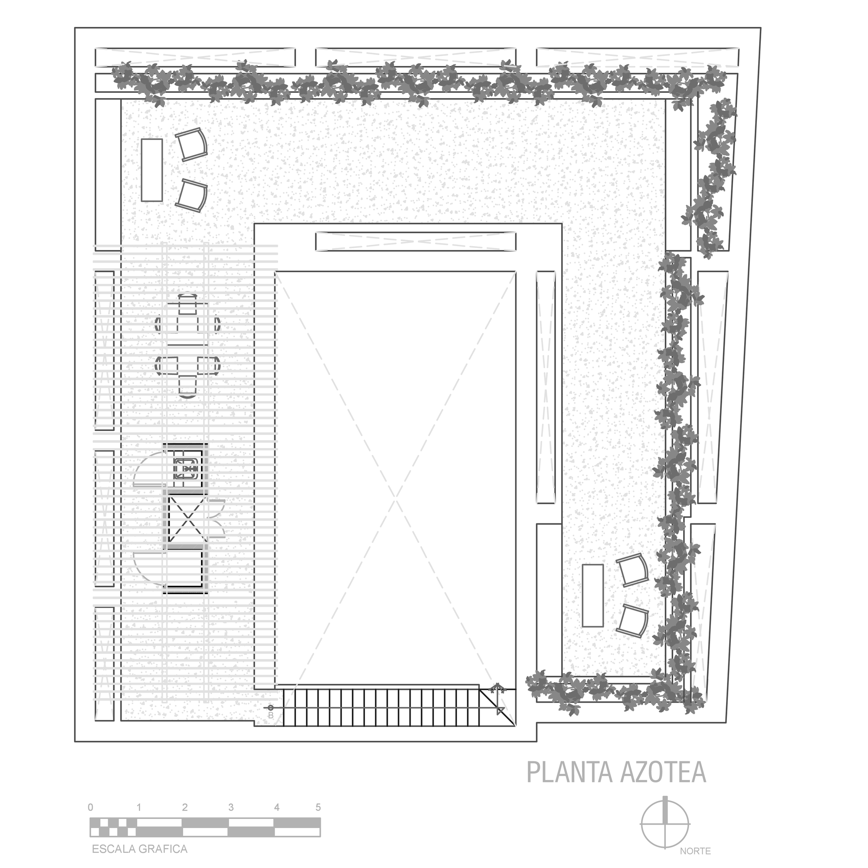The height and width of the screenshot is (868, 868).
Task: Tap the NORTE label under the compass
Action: click(x=695, y=852)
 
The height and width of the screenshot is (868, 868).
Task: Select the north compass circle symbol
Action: click(x=665, y=824)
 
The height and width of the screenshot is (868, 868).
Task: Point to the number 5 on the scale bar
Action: click(x=318, y=807)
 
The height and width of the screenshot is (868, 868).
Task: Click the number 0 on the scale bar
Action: click(x=91, y=807)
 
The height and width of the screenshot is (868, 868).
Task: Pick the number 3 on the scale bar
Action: click(x=231, y=807)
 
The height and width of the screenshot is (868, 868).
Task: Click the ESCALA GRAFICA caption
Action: click(x=139, y=848)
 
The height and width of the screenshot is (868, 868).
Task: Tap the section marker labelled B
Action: click(x=270, y=711)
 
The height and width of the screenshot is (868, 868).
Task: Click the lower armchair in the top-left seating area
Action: click(x=191, y=194)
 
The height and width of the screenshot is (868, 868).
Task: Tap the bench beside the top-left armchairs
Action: click(x=151, y=170)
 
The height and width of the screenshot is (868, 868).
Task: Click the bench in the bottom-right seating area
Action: click(x=592, y=595)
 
